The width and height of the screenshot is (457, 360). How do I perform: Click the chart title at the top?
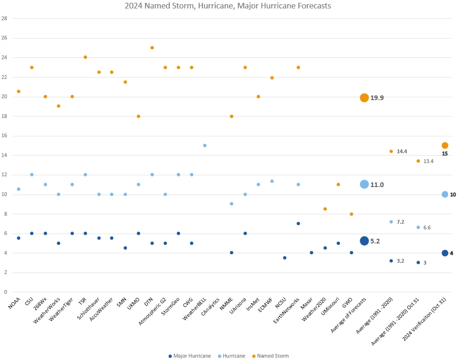[228, 6]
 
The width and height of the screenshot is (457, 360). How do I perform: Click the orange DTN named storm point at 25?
[152, 48]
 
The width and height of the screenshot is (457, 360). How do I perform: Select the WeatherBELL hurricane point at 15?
[205, 146]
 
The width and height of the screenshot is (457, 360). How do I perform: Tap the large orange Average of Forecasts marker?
[364, 98]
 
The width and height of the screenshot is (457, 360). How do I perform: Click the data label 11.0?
[377, 185]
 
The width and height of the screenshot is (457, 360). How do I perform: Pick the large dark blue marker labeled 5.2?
[364, 241]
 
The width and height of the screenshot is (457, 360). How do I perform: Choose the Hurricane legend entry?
[232, 356]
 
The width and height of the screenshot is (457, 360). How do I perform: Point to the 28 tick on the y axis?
[5, 18]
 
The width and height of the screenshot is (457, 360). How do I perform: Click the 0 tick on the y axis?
[6, 292]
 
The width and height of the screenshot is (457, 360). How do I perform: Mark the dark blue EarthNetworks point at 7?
[298, 224]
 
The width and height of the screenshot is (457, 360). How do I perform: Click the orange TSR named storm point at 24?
[85, 57]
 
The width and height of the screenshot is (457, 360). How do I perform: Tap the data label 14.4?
[402, 151]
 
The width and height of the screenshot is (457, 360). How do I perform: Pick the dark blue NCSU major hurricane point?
[284, 258]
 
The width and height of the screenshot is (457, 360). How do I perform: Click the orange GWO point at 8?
[351, 214]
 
